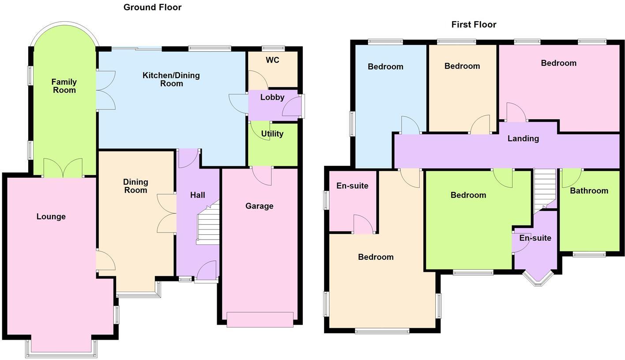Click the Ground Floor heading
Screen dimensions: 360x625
pos(152,7)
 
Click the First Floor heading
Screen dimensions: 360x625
pos(474,25)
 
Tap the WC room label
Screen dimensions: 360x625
pos(272,60)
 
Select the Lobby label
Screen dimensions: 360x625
pos(272,97)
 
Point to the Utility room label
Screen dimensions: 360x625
pos(272,134)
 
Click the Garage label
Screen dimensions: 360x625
pos(259,206)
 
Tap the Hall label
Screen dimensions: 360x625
pos(197,195)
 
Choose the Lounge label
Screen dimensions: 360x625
pos(51,217)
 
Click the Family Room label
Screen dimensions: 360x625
pos(64,86)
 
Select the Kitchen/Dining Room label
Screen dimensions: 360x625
pos(171,79)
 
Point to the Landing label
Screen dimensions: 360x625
pos(523,139)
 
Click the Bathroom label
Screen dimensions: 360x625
pos(589,191)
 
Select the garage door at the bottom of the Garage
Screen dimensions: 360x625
pos(260,319)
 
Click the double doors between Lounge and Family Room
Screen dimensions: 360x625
pos(63,168)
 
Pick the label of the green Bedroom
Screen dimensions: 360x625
pos(468,195)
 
